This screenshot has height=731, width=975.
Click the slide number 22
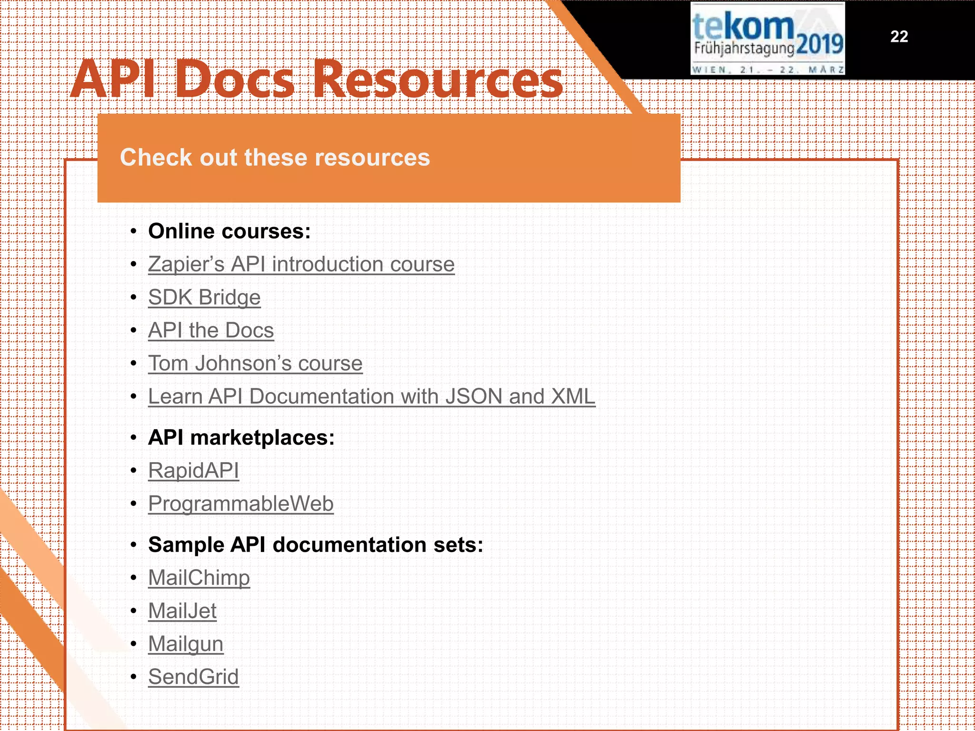click(x=899, y=37)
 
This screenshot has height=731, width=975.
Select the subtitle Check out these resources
click(x=275, y=158)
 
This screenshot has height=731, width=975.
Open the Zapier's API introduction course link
click(x=301, y=264)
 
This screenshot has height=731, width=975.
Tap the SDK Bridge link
click(x=204, y=297)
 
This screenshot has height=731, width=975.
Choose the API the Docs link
click(x=211, y=330)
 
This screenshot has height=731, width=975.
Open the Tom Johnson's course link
click(x=255, y=364)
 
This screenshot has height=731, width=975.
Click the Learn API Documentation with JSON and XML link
click(x=371, y=396)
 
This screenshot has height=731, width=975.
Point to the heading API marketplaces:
click(x=241, y=437)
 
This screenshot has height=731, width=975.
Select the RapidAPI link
click(x=193, y=471)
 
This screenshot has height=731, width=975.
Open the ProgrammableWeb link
click(x=241, y=504)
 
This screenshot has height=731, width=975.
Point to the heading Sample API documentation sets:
click(x=316, y=544)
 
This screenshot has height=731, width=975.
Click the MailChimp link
click(x=199, y=578)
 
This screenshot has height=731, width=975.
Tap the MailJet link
click(x=182, y=611)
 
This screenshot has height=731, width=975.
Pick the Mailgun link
click(x=186, y=644)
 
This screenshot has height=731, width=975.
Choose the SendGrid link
click(x=193, y=677)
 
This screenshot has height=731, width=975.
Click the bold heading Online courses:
click(x=229, y=231)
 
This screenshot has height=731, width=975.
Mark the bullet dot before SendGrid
click(x=134, y=677)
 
